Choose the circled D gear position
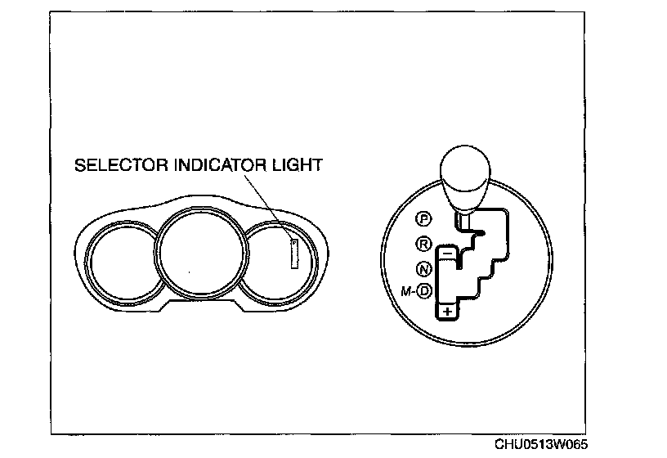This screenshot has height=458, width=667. pyautogui.click(x=424, y=290)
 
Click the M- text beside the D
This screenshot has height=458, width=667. pyautogui.click(x=407, y=290)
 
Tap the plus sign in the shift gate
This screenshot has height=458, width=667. pyautogui.click(x=446, y=312)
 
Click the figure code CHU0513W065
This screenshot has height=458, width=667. pyautogui.click(x=540, y=444)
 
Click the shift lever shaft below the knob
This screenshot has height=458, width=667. pyautogui.click(x=464, y=218)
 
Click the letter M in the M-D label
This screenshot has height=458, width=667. pyautogui.click(x=404, y=290)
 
